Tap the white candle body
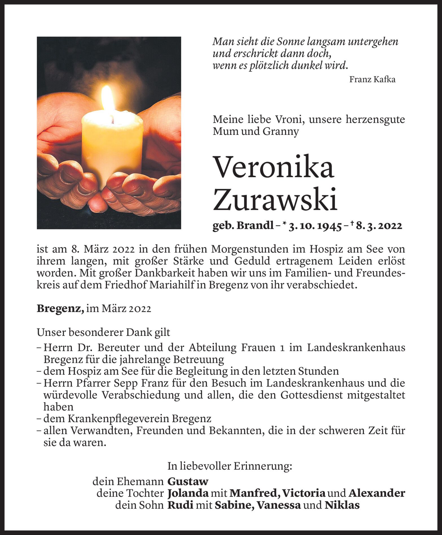[112, 147]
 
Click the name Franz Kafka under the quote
[372, 80]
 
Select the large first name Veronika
[274, 167]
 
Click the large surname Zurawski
[275, 199]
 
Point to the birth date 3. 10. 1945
[315, 226]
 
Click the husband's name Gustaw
[188, 481]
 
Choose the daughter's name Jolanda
[188, 494]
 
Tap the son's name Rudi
[180, 505]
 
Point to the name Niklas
[342, 505]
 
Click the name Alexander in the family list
[377, 494]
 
